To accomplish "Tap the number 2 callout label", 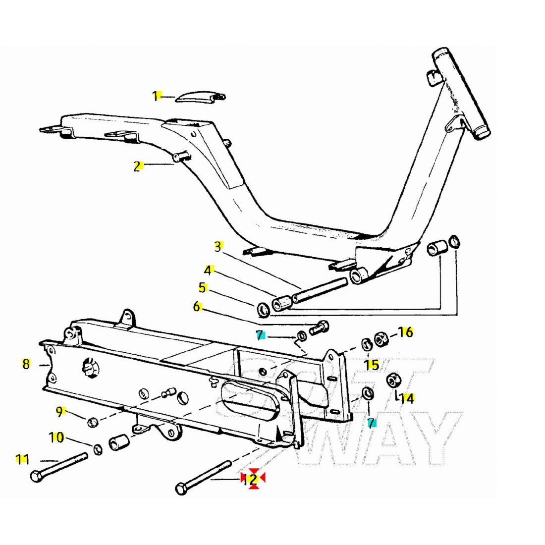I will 137,166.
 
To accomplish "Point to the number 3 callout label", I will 218,246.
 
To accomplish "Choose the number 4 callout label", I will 208,270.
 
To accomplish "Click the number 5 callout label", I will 202,287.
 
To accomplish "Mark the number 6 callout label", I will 197,307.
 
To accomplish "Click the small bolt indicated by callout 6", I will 319,327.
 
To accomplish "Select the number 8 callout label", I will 26,364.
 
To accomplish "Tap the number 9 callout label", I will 59,411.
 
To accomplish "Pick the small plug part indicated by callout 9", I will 92,422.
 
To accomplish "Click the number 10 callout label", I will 56,437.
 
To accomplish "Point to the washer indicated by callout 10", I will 99,449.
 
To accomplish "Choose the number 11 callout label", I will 22,459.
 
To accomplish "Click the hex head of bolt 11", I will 36,477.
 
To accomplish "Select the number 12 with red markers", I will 251,479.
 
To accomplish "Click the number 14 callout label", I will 407,398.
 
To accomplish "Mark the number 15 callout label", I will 372,365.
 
